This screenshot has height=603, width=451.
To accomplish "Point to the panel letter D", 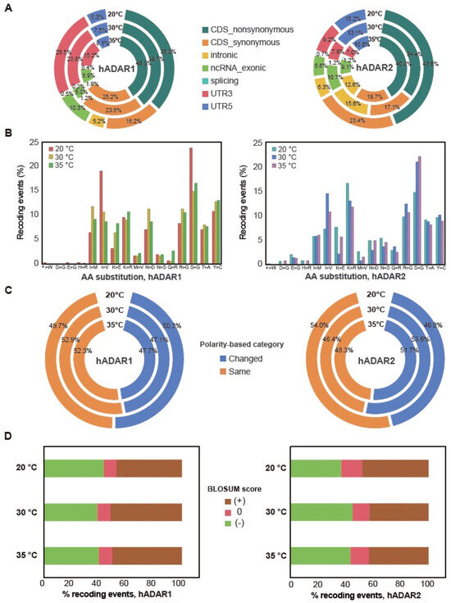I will click(x=8, y=440).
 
